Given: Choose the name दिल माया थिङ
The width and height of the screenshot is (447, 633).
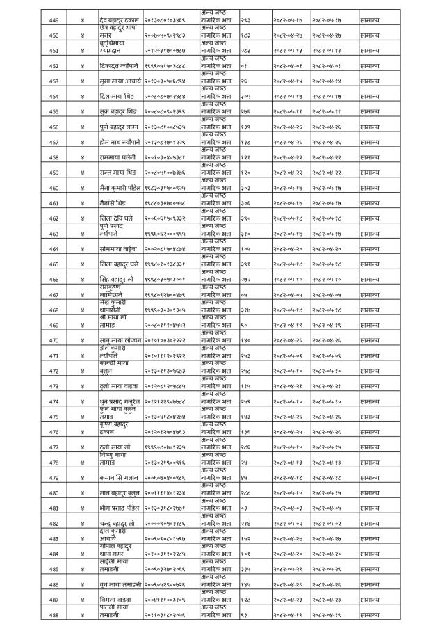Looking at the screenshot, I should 113,96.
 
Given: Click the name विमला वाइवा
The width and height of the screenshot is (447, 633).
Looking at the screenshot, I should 113,600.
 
